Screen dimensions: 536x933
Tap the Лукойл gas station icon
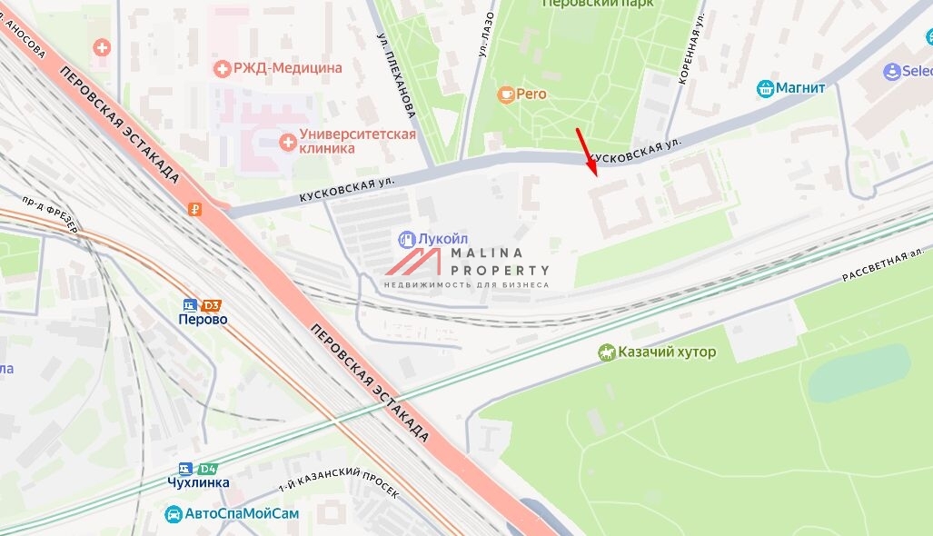[407, 239]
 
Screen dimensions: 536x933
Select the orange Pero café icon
[506, 93]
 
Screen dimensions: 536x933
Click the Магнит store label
[800, 88]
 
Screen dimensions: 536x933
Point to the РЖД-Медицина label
[288, 68]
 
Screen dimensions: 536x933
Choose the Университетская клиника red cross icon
[288, 141]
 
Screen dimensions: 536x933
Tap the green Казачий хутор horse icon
[607, 352]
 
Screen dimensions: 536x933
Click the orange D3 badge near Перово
[212, 305]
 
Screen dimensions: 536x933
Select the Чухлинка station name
[198, 483]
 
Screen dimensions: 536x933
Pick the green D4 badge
[208, 469]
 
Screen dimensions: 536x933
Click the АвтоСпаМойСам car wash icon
[174, 514]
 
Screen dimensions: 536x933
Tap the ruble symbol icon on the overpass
[194, 209]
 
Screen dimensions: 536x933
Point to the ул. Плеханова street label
[397, 76]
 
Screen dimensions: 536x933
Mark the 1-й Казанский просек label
[339, 490]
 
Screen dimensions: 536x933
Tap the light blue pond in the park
[859, 372]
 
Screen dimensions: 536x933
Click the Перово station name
[203, 320]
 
